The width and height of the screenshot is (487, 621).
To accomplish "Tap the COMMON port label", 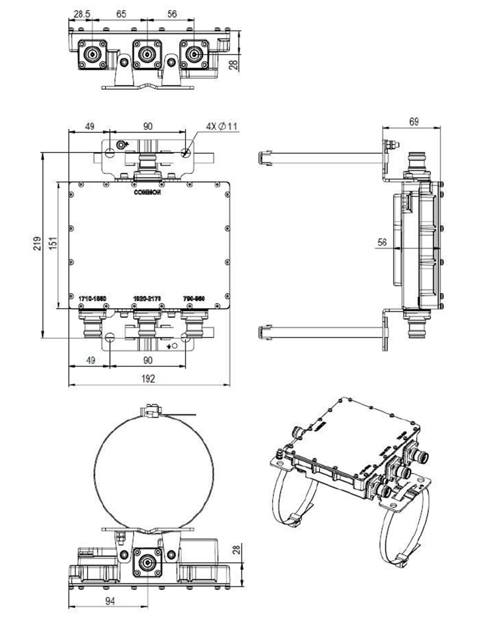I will tap(147, 192).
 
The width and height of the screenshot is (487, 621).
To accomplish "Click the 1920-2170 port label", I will tap(147, 299).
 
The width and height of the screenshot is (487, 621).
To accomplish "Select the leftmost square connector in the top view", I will tap(93, 54).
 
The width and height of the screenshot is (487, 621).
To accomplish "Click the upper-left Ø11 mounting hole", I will tap(110, 153).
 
